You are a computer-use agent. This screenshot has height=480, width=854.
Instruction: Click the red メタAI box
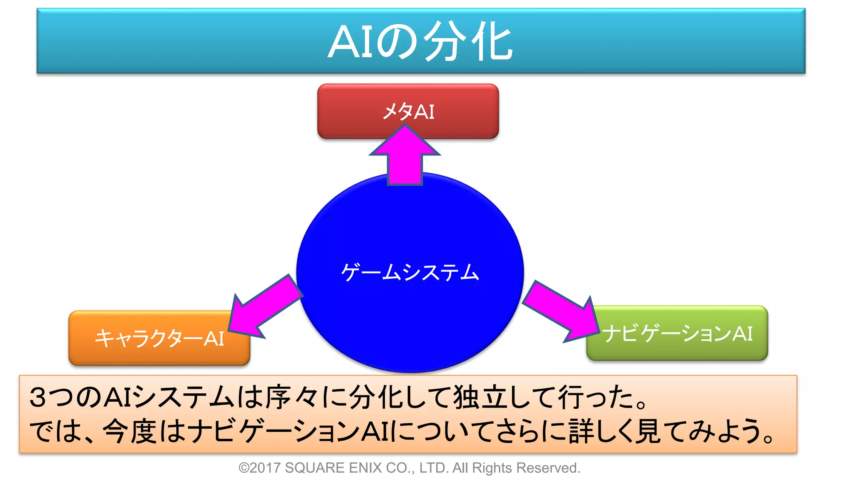tap(408, 111)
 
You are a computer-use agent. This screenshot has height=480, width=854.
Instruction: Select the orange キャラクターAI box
tap(159, 338)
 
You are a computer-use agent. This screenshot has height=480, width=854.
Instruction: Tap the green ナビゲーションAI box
tap(677, 333)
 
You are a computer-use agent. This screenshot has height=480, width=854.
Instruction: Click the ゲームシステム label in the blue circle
tap(410, 272)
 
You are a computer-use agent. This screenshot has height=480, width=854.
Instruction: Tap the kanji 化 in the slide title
tap(492, 42)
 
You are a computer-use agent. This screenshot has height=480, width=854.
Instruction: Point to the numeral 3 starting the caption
tap(38, 397)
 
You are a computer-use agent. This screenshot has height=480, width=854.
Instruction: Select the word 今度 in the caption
tap(129, 431)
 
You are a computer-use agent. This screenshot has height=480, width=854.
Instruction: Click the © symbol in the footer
tap(244, 468)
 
